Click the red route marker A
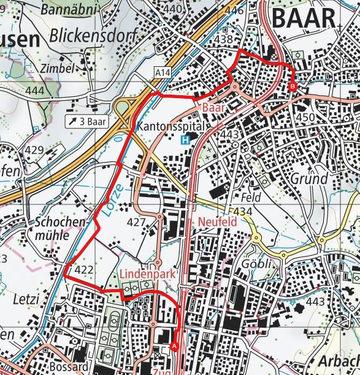coord(175,346)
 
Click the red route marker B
coord(292,87)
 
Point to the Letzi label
coord(25,299)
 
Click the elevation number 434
coord(243,212)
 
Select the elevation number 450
coord(305,117)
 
